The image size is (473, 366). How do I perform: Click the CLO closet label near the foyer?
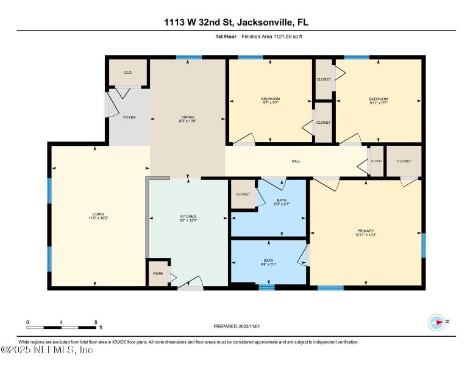click(128, 73)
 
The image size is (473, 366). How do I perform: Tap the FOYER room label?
click(129, 117)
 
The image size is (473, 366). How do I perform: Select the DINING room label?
click(187, 117)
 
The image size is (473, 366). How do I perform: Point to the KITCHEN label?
click(188, 217)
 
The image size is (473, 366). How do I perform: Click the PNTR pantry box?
click(157, 274)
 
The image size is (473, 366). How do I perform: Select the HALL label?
click(296, 161)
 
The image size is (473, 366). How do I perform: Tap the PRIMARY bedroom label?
click(366, 231)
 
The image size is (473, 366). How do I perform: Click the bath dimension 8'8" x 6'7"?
click(281, 204)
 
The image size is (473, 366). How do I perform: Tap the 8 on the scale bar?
click(96, 321)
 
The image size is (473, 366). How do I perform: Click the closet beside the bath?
click(243, 193)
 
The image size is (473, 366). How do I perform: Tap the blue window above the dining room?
click(189, 57)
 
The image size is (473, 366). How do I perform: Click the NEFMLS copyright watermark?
click(47, 350)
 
